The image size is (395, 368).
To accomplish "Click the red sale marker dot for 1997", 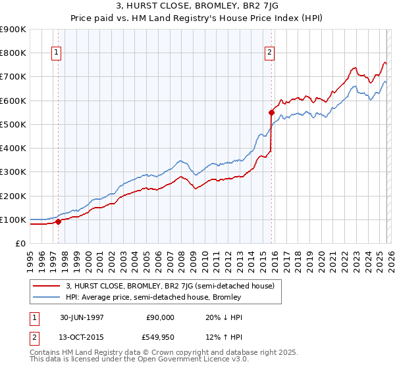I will click(x=58, y=221).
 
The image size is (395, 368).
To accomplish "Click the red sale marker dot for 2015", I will click(x=271, y=112).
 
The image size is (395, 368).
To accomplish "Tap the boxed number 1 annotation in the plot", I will click(x=57, y=54).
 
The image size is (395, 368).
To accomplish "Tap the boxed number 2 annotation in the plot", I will click(x=271, y=54).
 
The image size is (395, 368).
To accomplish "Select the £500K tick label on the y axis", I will click(x=13, y=124).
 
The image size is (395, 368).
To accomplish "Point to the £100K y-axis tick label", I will click(x=13, y=219).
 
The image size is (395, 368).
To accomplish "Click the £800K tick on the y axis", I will click(x=13, y=53).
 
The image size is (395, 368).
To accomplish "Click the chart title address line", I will click(x=197, y=7).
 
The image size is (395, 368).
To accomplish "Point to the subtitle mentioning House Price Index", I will click(x=197, y=19).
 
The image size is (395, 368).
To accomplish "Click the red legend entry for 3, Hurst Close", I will click(x=174, y=285).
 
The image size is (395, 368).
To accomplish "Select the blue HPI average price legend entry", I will click(x=153, y=297).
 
